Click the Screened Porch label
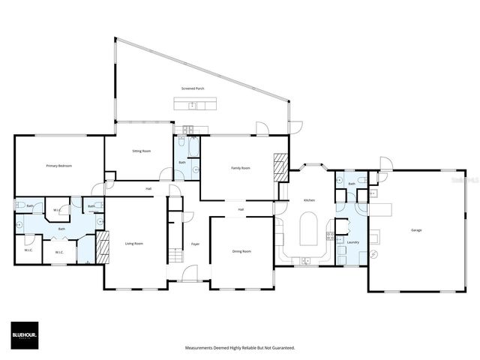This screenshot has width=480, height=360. [193, 88]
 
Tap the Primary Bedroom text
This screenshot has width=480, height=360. [58, 166]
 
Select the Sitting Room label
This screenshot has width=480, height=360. [142, 151]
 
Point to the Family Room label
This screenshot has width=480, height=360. [240, 168]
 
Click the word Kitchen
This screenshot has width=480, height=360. [309, 200]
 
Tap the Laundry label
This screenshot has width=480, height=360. [352, 242]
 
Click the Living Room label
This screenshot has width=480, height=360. [133, 244]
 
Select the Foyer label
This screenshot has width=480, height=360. [195, 244]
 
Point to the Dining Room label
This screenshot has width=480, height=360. [241, 251]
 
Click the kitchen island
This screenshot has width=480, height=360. [309, 229]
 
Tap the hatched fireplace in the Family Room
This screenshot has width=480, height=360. [280, 167]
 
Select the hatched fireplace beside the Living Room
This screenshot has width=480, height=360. [103, 247]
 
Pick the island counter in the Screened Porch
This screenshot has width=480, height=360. [195, 105]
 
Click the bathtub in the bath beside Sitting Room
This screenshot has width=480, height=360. [193, 146]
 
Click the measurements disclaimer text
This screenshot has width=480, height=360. [240, 348]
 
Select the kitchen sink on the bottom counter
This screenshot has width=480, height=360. [305, 261]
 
